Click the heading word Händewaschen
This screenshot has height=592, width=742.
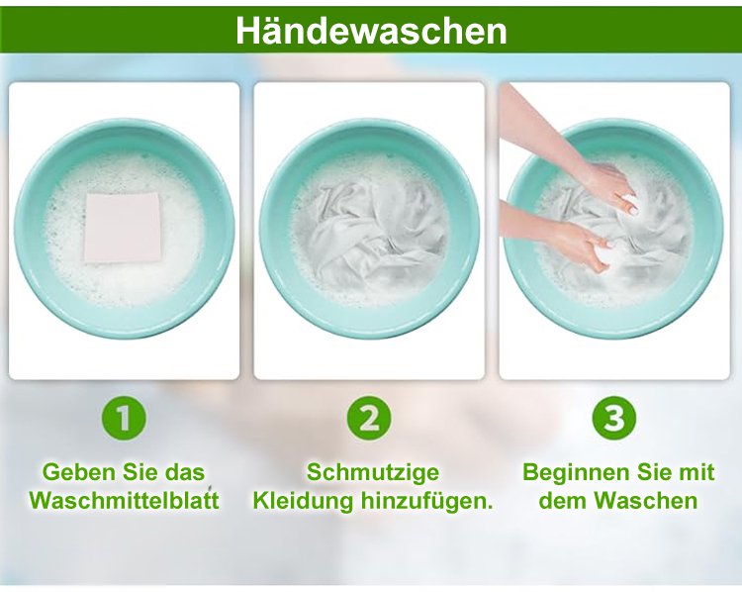coord(371,32)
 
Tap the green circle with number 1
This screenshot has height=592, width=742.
coord(124,418)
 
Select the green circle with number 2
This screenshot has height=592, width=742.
coord(369,418)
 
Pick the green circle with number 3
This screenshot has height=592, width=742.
coord(614,418)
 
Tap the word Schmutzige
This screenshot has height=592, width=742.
coord(373,473)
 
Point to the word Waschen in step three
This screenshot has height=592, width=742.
coord(646,501)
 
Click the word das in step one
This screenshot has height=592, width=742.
coord(186,472)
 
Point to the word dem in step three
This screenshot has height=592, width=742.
coord(563,501)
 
